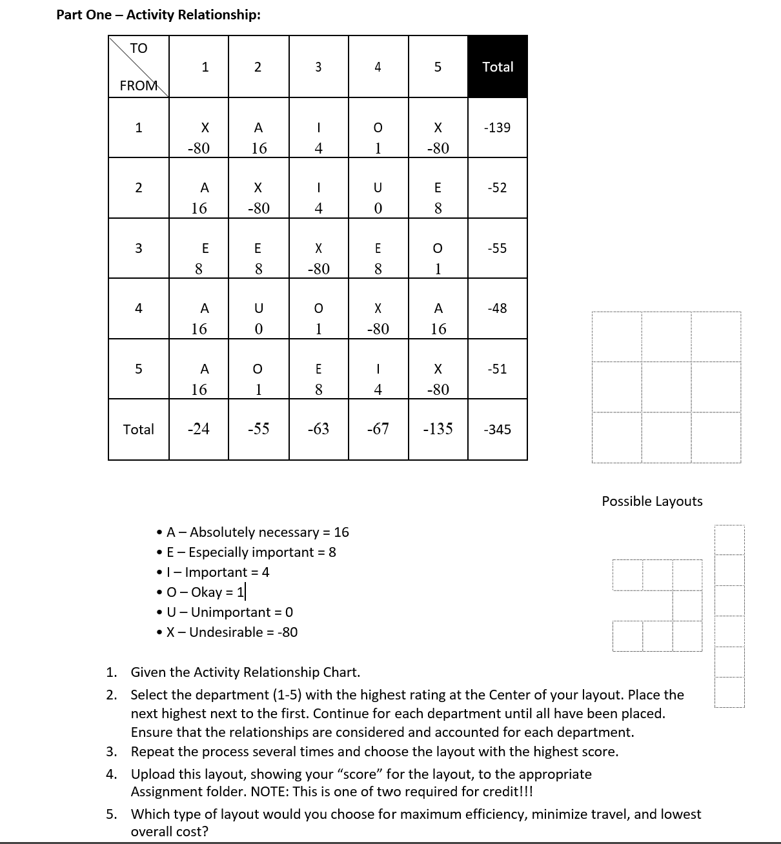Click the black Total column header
[x=498, y=67]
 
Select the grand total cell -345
[x=497, y=430]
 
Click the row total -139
[x=497, y=128]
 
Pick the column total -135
[x=438, y=429]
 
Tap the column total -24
[x=198, y=429]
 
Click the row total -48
[x=497, y=308]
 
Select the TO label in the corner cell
[x=138, y=48]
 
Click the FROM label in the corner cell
[x=138, y=85]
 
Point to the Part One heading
[x=158, y=15]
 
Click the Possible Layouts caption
[x=652, y=501]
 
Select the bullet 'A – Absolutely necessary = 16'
[x=257, y=532]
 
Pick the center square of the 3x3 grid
[x=666, y=387]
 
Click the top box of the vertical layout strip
[x=729, y=539]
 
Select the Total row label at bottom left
[x=138, y=430]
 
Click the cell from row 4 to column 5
[x=438, y=318]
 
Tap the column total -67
[x=378, y=429]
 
